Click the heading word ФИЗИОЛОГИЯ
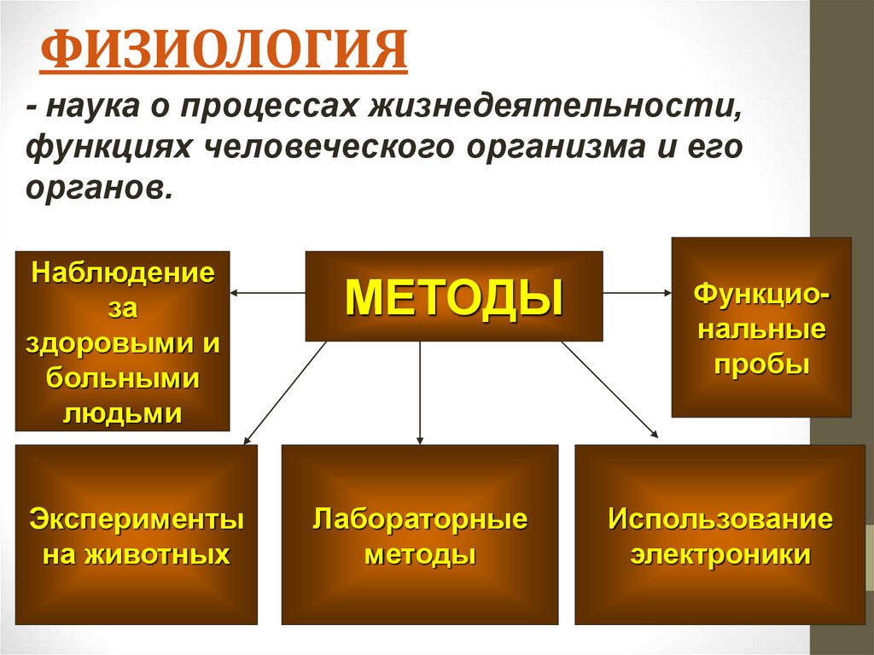coord(224,52)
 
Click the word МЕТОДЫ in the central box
coord(454,296)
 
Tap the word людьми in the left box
coord(123,413)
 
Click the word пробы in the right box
coord(761,363)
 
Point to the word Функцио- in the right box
coord(761,295)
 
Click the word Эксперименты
coord(137,519)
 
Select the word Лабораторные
coord(420,519)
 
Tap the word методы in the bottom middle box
coord(420,555)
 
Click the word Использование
coord(720,519)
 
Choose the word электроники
coord(720,555)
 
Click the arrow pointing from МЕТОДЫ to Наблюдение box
coord(268,293)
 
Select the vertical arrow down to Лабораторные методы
coord(420,393)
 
